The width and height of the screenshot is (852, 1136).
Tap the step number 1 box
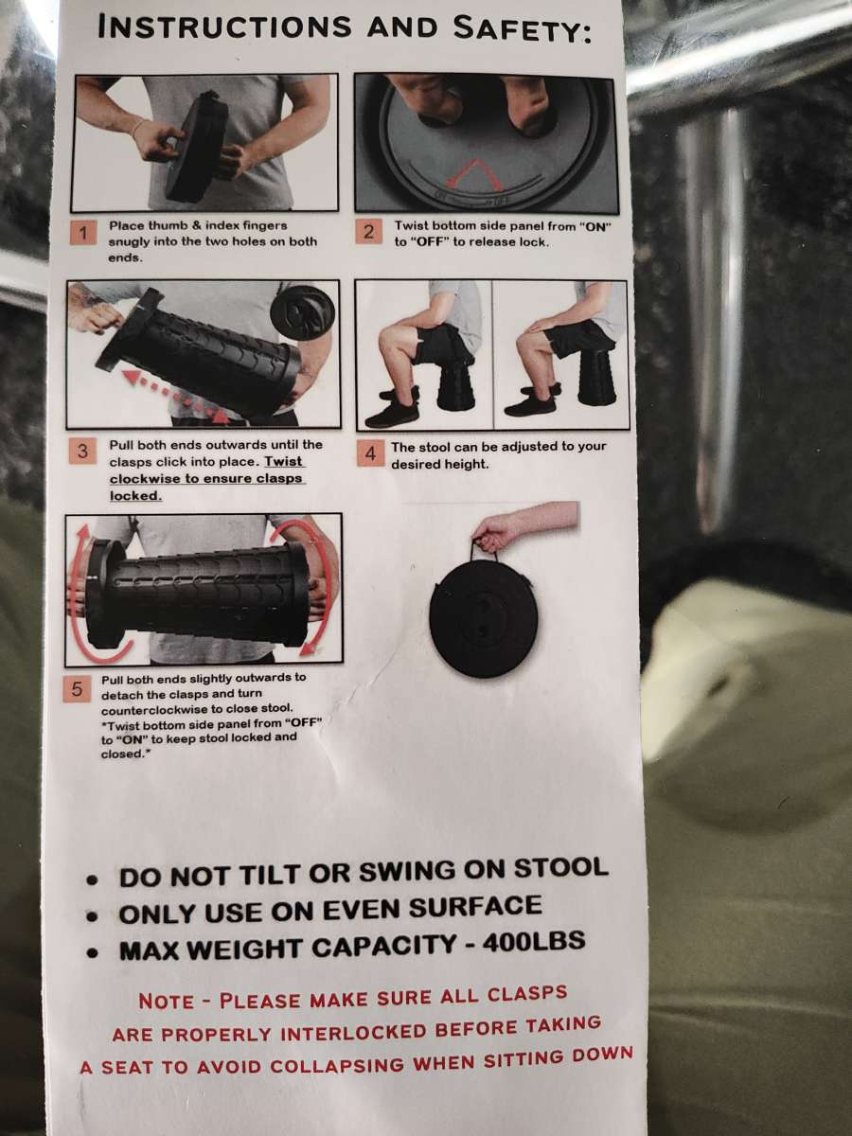82,234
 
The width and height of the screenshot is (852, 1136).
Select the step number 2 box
368,231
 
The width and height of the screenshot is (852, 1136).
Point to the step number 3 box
82,452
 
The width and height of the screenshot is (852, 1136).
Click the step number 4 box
370,453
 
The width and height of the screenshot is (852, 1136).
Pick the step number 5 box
77,689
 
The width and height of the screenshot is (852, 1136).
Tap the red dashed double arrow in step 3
176,399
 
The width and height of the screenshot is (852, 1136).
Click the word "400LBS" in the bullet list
533,940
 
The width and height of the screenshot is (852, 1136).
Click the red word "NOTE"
166,1002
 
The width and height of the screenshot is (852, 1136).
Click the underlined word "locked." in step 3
135,496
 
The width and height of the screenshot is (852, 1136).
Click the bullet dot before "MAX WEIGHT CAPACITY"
93,951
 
